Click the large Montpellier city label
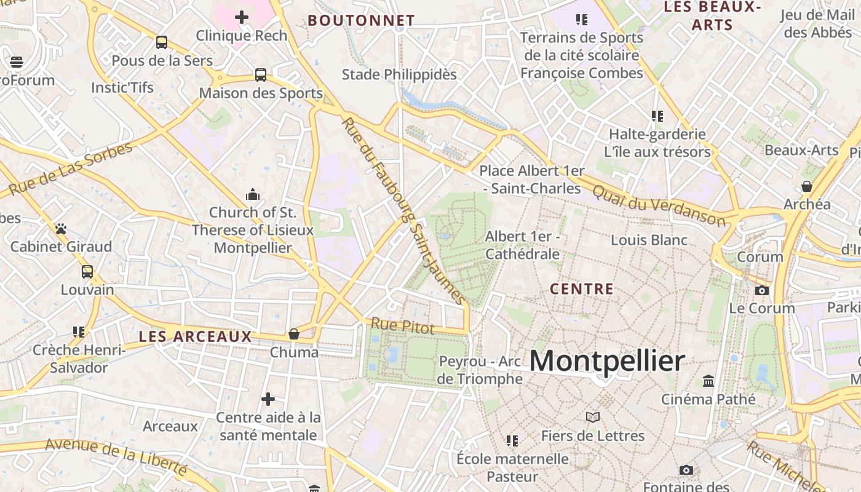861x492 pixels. [606, 361]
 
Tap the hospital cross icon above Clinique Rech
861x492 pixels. [242, 17]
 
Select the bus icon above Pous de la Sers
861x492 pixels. [162, 42]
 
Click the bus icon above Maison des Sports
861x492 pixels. [261, 75]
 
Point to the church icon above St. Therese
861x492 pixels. [252, 195]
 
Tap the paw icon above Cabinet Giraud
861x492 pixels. [60, 229]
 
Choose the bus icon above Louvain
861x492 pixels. [87, 272]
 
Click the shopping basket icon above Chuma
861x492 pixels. [294, 334]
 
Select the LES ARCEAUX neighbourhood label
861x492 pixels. [195, 336]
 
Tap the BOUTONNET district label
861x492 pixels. [361, 20]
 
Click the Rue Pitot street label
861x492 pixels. [402, 326]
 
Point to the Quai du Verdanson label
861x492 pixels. [659, 205]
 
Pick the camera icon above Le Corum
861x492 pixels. [762, 290]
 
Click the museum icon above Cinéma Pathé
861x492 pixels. [708, 381]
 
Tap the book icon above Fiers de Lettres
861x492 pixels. [593, 418]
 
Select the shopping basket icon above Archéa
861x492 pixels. [807, 186]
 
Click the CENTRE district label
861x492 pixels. [582, 288]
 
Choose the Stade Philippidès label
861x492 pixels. [399, 74]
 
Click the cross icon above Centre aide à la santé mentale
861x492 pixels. [268, 400]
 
